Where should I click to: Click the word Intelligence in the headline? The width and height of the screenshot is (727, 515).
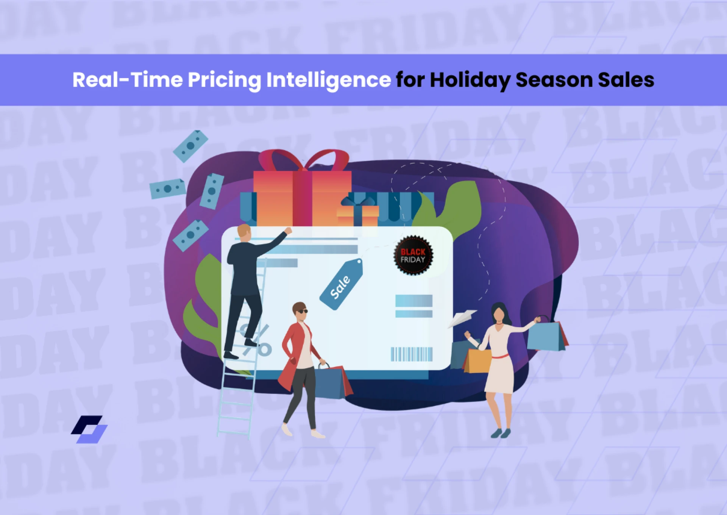coord(328,80)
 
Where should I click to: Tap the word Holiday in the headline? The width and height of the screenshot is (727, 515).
coord(470,80)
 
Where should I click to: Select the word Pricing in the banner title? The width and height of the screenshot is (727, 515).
coord(224,80)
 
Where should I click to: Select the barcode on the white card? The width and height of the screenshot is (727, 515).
coord(412,354)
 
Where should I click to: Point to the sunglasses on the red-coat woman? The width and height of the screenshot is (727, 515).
coord(302,311)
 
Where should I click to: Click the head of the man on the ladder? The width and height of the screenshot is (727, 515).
coord(244,232)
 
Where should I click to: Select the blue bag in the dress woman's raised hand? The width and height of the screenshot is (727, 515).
coord(545,336)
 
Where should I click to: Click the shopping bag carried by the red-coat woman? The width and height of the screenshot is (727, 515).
coord(332,382)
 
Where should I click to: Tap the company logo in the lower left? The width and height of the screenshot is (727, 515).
coord(89,429)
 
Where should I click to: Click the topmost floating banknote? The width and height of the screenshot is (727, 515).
coord(190,146)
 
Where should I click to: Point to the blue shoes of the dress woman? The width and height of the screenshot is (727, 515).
coord(501,433)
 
